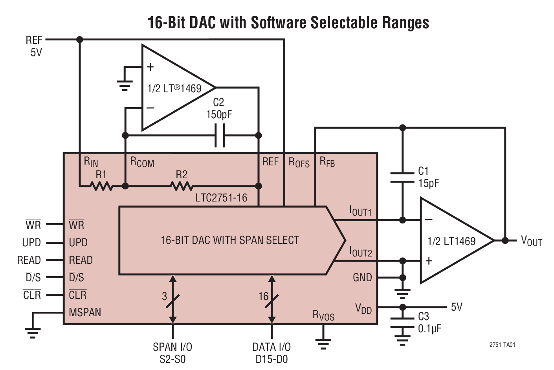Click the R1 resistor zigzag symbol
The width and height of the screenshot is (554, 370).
(x=101, y=186)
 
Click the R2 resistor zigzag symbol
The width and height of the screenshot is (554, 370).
(x=182, y=186)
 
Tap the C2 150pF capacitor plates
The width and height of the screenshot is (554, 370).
(x=220, y=136)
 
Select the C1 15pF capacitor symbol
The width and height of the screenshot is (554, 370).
(x=402, y=177)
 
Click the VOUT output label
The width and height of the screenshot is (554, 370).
(x=531, y=241)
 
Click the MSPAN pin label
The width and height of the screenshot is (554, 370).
(x=85, y=313)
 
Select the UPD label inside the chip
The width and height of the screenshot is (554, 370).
(x=78, y=243)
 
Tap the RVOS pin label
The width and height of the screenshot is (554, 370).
(x=323, y=315)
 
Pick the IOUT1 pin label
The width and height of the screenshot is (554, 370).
(x=360, y=211)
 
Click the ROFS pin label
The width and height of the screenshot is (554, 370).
(x=299, y=163)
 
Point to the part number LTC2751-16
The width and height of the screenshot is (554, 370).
(x=221, y=198)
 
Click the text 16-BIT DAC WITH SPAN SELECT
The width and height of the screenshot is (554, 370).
(x=230, y=240)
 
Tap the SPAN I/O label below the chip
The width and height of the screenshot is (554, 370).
(x=172, y=347)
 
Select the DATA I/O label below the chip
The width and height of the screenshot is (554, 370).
(x=271, y=347)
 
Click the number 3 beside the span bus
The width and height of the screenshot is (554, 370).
(x=164, y=297)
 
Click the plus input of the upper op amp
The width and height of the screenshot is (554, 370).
(x=150, y=67)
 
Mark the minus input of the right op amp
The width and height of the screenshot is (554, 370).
(x=429, y=220)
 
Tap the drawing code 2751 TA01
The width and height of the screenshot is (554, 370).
(x=502, y=345)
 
